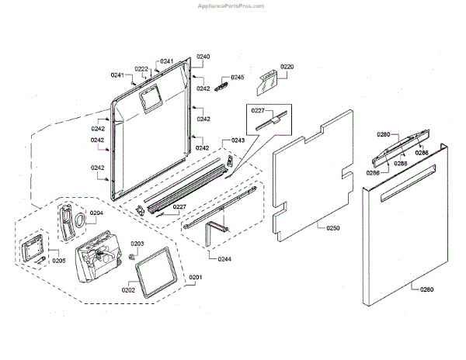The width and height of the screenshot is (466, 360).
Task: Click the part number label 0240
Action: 203,57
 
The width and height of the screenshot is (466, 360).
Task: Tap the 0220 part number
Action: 287,67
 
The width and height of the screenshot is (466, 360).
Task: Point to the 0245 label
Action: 238,78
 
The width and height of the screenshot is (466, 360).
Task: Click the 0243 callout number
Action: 238,140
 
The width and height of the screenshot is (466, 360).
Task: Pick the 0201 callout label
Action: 194,278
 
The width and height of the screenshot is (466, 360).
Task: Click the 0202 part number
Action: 128,291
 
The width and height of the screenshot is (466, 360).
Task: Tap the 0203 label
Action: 137,244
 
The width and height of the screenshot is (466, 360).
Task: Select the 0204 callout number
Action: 96,212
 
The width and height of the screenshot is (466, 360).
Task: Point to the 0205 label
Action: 59,261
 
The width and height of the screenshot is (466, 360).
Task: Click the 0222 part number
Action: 141,69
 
